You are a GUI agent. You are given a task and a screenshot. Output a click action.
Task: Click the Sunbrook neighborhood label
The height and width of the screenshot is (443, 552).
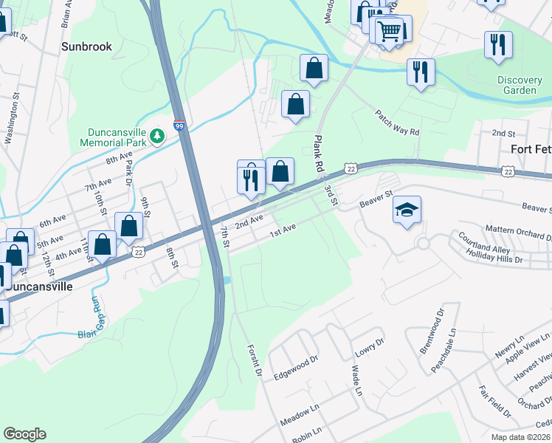coord(86,47)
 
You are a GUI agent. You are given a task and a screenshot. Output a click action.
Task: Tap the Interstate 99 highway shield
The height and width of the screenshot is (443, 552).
coord(179,126)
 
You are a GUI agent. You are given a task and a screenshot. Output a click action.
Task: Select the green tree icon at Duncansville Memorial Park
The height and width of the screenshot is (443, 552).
coord(156,136)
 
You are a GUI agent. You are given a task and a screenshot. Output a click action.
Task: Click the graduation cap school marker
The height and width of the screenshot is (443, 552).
coord(407,210)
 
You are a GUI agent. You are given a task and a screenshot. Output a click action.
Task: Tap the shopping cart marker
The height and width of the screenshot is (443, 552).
coord(390,30)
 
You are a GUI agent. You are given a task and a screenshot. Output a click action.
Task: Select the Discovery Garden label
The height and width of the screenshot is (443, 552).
coord(517,85)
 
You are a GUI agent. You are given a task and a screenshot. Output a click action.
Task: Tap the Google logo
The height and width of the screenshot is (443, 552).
coord(24,434)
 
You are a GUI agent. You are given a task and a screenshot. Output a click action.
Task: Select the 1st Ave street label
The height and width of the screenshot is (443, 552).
coord(282,232)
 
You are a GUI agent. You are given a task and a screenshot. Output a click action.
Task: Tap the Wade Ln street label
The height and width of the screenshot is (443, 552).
coord(357,380)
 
